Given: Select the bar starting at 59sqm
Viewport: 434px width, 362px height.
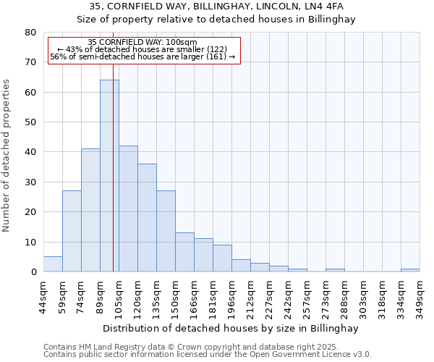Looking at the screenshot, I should tap(72, 231).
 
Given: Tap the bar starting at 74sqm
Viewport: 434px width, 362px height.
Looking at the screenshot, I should tap(90, 210).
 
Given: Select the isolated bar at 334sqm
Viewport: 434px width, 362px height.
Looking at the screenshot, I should tap(410, 270).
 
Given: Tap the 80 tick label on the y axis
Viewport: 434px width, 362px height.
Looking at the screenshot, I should tap(31, 33).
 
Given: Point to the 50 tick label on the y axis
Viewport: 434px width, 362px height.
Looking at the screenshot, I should tap(31, 122).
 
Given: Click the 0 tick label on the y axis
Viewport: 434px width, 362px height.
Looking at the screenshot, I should tap(33, 272).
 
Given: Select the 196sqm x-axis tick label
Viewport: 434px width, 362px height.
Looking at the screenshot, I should tap(231, 295).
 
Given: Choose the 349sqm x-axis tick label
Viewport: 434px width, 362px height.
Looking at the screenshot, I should tap(420, 295).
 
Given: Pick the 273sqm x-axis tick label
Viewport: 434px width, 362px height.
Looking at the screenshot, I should tap(325, 295).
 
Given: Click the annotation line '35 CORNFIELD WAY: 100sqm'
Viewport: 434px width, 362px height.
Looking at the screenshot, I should tap(142, 43).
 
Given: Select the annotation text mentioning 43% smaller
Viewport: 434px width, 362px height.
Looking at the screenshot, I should tap(142, 49).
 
